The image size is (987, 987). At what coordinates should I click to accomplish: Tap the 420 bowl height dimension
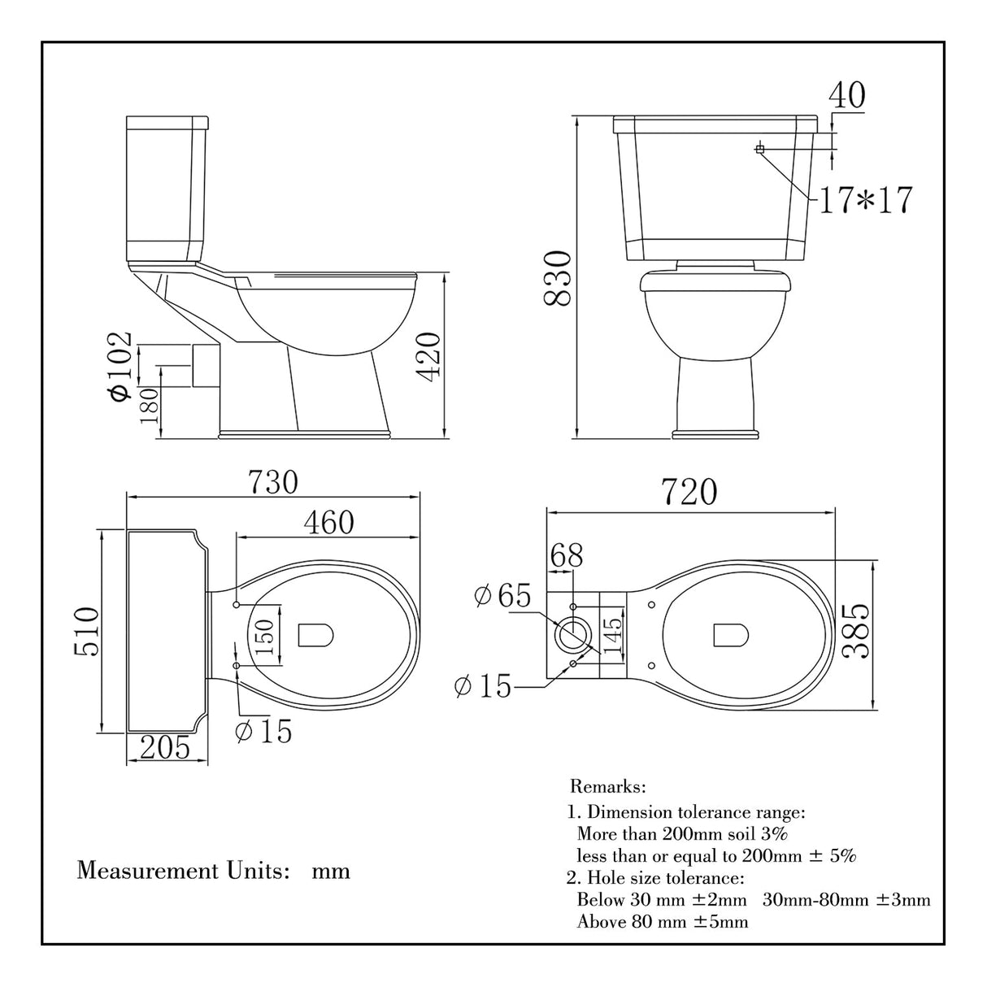[x=430, y=354]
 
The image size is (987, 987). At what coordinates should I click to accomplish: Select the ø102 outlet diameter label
[x=120, y=365]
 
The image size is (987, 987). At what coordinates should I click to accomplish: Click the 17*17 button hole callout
[x=865, y=199]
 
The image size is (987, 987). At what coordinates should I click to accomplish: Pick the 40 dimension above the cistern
[x=846, y=95]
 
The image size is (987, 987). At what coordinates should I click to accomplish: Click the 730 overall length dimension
[x=272, y=482]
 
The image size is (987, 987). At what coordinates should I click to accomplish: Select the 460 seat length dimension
[x=328, y=522]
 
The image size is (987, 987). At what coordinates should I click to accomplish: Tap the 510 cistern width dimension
[x=85, y=632]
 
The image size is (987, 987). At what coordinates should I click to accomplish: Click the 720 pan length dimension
[x=689, y=493]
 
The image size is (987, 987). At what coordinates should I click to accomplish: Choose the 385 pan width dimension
[x=856, y=633]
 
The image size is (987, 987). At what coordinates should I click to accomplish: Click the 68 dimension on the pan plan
[x=567, y=556]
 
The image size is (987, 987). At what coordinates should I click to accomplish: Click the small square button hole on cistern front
[x=759, y=149]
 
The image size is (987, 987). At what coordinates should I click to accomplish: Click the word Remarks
[x=607, y=787]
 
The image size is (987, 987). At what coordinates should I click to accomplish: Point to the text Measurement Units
[x=184, y=871]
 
